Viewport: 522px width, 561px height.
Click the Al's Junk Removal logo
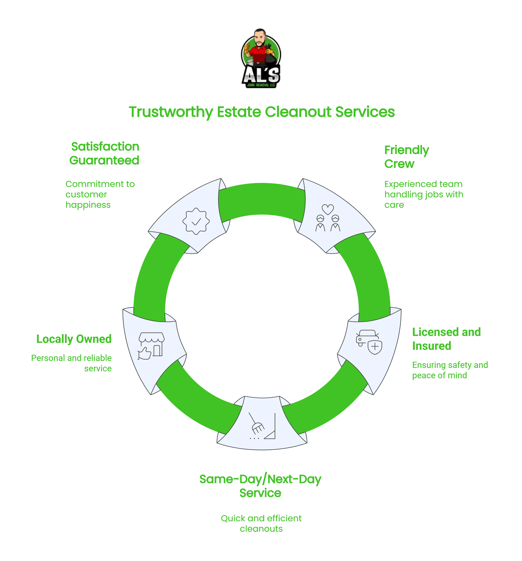(x=261, y=58)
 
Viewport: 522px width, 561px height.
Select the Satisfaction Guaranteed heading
(x=104, y=153)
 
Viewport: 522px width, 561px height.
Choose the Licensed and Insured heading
(x=446, y=339)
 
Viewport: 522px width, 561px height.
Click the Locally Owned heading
(x=74, y=339)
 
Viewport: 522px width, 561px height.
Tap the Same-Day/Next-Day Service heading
(x=260, y=486)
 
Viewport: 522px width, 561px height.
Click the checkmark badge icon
(x=196, y=221)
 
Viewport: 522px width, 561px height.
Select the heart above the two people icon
(x=328, y=209)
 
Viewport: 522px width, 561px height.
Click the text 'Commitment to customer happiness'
(x=100, y=195)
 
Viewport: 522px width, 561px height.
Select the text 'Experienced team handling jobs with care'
(x=423, y=195)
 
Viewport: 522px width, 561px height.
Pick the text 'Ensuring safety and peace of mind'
(x=450, y=370)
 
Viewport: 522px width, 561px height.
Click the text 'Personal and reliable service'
(x=72, y=363)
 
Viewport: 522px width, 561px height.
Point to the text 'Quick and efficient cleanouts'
(x=261, y=524)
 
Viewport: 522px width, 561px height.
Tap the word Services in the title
(x=365, y=112)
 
